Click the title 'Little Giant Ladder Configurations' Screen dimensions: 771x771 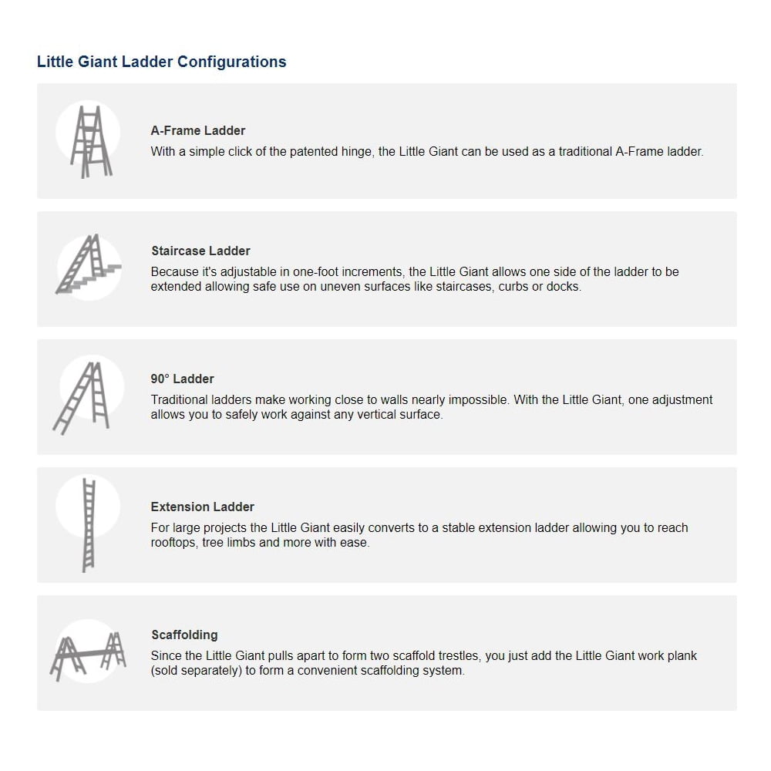point(161,62)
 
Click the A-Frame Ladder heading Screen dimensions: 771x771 point(198,131)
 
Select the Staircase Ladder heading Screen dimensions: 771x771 point(200,251)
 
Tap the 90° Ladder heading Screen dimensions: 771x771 point(182,379)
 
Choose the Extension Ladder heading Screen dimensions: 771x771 point(202,507)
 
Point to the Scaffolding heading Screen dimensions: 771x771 point(184,635)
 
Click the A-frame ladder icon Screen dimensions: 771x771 point(89,141)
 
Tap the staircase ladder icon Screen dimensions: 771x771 point(89,266)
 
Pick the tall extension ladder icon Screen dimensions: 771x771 point(89,524)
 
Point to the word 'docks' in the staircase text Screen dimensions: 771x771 point(564,287)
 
